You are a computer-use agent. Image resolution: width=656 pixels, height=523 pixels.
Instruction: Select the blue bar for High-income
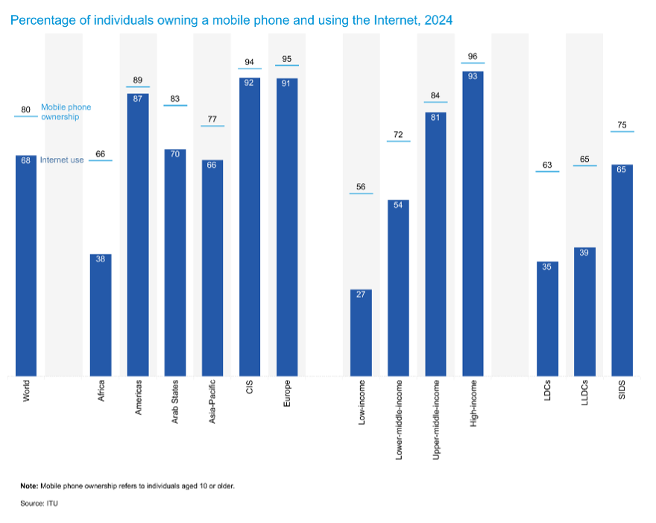pyautogui.click(x=473, y=224)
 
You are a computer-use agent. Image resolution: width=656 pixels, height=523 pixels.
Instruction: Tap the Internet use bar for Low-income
pyautogui.click(x=362, y=332)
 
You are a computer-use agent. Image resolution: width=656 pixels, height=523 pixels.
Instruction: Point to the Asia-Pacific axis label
pyautogui.click(x=212, y=403)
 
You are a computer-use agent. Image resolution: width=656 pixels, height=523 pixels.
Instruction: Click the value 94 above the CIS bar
pyautogui.click(x=250, y=62)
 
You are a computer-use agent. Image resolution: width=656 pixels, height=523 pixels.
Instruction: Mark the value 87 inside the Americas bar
pyautogui.click(x=138, y=98)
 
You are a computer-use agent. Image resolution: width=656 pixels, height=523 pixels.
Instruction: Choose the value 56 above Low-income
pyautogui.click(x=362, y=187)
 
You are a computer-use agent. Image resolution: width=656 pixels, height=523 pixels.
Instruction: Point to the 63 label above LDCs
pyautogui.click(x=548, y=165)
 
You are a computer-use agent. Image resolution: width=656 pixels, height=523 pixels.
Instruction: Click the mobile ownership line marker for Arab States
pyautogui.click(x=175, y=106)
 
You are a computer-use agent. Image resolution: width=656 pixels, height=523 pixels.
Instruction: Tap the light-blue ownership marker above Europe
pyautogui.click(x=287, y=66)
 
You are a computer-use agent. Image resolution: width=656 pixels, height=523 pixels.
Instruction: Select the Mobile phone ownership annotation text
pyautogui.click(x=66, y=112)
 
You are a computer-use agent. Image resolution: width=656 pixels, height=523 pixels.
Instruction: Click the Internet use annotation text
pyautogui.click(x=62, y=160)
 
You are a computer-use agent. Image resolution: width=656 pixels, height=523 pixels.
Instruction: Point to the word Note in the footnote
pyautogui.click(x=29, y=486)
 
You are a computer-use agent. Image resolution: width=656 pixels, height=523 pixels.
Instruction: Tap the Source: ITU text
pyautogui.click(x=39, y=504)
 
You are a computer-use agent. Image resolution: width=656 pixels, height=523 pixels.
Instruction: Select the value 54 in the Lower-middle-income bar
pyautogui.click(x=399, y=205)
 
